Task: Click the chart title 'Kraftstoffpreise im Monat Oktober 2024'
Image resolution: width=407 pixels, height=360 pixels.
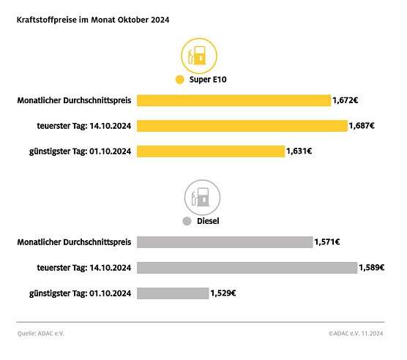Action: click(93, 20)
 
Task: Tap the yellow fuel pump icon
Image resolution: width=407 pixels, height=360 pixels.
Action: click(199, 55)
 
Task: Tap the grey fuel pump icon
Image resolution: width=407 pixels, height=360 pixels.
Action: click(201, 197)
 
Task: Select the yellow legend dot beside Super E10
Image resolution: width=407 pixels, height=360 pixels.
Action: click(179, 80)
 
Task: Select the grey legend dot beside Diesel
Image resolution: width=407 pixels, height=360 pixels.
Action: click(187, 220)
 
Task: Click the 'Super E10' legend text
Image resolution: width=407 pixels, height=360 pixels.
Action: click(208, 80)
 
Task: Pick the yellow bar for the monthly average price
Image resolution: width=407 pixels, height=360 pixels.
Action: click(234, 100)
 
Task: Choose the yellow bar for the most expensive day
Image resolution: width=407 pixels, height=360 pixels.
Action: click(242, 126)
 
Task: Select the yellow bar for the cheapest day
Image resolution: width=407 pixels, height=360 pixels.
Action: click(211, 151)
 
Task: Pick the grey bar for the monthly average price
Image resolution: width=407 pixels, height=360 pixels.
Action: click(225, 242)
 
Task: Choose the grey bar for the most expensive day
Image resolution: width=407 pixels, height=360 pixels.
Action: click(247, 268)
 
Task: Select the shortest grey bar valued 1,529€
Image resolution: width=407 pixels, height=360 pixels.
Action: click(173, 293)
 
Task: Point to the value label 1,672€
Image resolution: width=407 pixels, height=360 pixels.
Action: click(346, 100)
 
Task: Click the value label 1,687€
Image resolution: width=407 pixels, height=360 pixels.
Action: click(362, 126)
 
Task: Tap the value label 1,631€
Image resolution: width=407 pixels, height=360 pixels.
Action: click(299, 151)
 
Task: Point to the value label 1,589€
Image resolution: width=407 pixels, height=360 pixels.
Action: click(372, 268)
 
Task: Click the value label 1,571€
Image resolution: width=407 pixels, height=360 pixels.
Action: click(327, 242)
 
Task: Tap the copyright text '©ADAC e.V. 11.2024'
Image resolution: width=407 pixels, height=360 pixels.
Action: click(356, 334)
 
